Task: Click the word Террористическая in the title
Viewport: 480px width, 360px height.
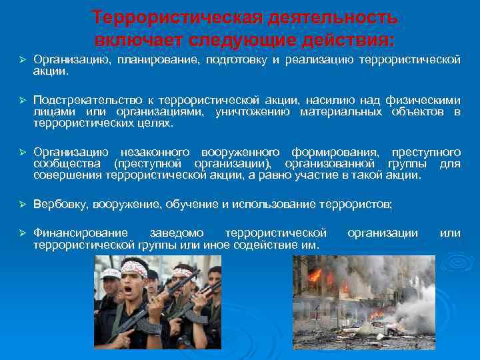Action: pos(174,17)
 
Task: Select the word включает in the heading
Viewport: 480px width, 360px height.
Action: pos(137,39)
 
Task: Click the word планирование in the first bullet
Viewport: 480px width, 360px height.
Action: pos(151,61)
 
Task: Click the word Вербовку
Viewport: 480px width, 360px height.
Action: pos(61,204)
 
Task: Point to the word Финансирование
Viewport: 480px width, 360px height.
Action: pos(81,233)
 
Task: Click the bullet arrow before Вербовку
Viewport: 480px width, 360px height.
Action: pos(21,204)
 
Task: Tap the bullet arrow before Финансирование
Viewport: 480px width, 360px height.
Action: pos(21,233)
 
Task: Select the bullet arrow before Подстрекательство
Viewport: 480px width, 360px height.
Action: pos(21,100)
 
